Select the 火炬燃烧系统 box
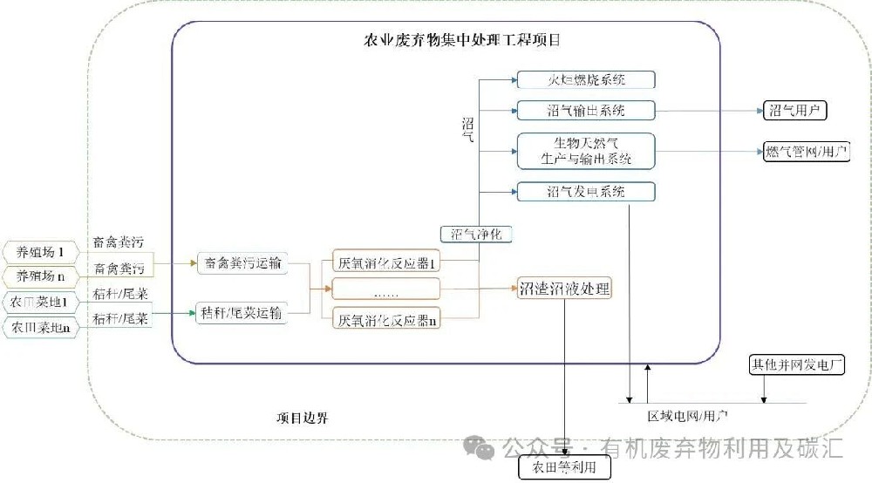tap(585, 80)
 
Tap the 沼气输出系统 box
tap(585, 110)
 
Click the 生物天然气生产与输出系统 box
tap(585, 150)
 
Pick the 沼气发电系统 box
tap(585, 191)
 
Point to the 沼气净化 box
tap(476, 234)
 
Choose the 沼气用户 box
tap(794, 110)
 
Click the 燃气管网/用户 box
tap(805, 151)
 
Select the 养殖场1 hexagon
tap(40, 253)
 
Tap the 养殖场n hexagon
tap(40, 277)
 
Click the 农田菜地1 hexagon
tap(40, 303)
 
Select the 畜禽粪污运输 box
tap(242, 262)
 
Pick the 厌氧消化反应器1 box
tap(386, 262)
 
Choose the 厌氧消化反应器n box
tap(386, 320)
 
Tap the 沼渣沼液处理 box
tap(564, 288)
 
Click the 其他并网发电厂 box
tap(797, 364)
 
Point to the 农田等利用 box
tap(564, 468)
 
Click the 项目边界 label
tap(296, 418)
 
